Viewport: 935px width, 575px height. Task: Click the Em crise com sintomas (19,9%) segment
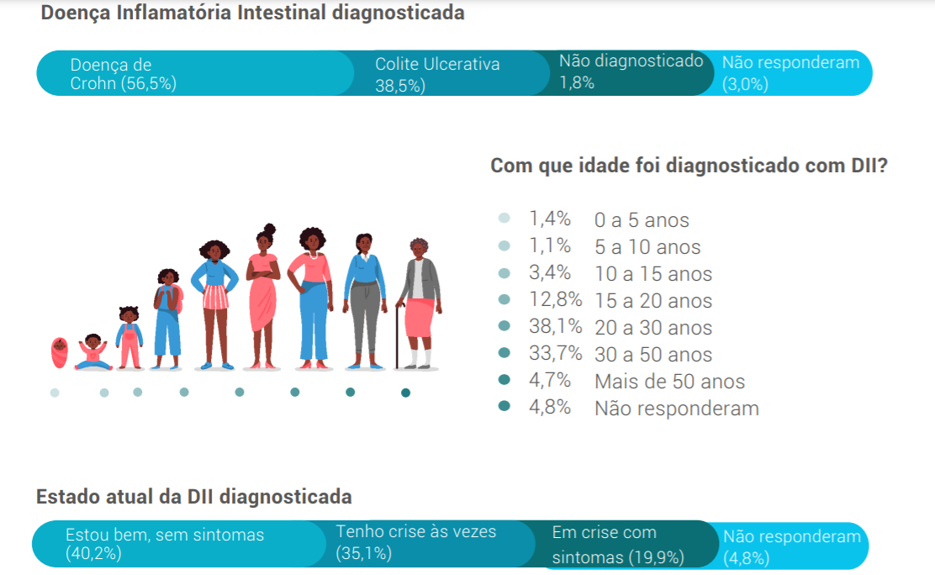tap(626, 545)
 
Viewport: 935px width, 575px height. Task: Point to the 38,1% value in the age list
tap(550, 327)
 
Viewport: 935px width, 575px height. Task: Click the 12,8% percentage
tap(550, 300)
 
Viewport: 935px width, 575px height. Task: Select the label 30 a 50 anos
tap(653, 354)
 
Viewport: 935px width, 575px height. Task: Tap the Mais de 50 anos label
tap(669, 381)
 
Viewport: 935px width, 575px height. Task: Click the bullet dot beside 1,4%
tap(504, 219)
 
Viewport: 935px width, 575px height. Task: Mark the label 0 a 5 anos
tap(642, 220)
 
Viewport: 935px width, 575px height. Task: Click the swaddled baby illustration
tap(59, 353)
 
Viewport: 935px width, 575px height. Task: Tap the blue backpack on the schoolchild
tap(176, 298)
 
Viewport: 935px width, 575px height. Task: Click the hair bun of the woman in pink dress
tap(268, 229)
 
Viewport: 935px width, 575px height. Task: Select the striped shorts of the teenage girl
tap(216, 297)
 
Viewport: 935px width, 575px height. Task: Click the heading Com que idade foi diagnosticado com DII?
tap(689, 166)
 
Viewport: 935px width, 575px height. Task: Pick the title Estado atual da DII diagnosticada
tap(194, 497)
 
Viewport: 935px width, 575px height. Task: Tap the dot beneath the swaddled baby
tap(55, 393)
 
